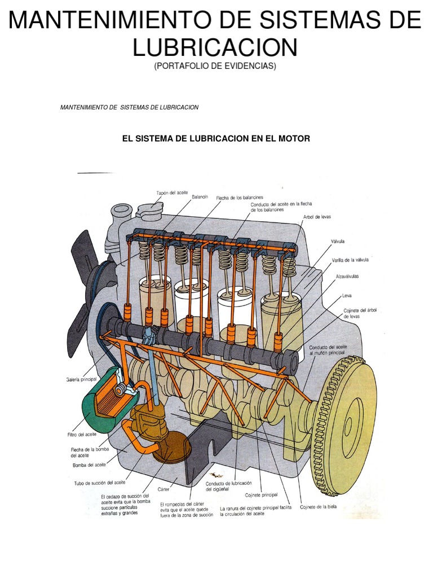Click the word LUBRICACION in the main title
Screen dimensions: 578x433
tap(215, 47)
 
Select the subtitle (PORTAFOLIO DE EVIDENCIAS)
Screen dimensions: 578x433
tap(215, 66)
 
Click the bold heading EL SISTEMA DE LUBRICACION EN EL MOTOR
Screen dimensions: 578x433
tap(216, 138)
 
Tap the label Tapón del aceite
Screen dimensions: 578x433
tap(172, 192)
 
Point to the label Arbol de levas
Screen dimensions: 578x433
tap(316, 217)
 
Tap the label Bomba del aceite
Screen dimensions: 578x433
tap(89, 465)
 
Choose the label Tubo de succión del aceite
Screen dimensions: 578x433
tap(100, 483)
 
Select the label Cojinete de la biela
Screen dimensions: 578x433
tap(318, 506)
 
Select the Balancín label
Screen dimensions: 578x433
tap(200, 196)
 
